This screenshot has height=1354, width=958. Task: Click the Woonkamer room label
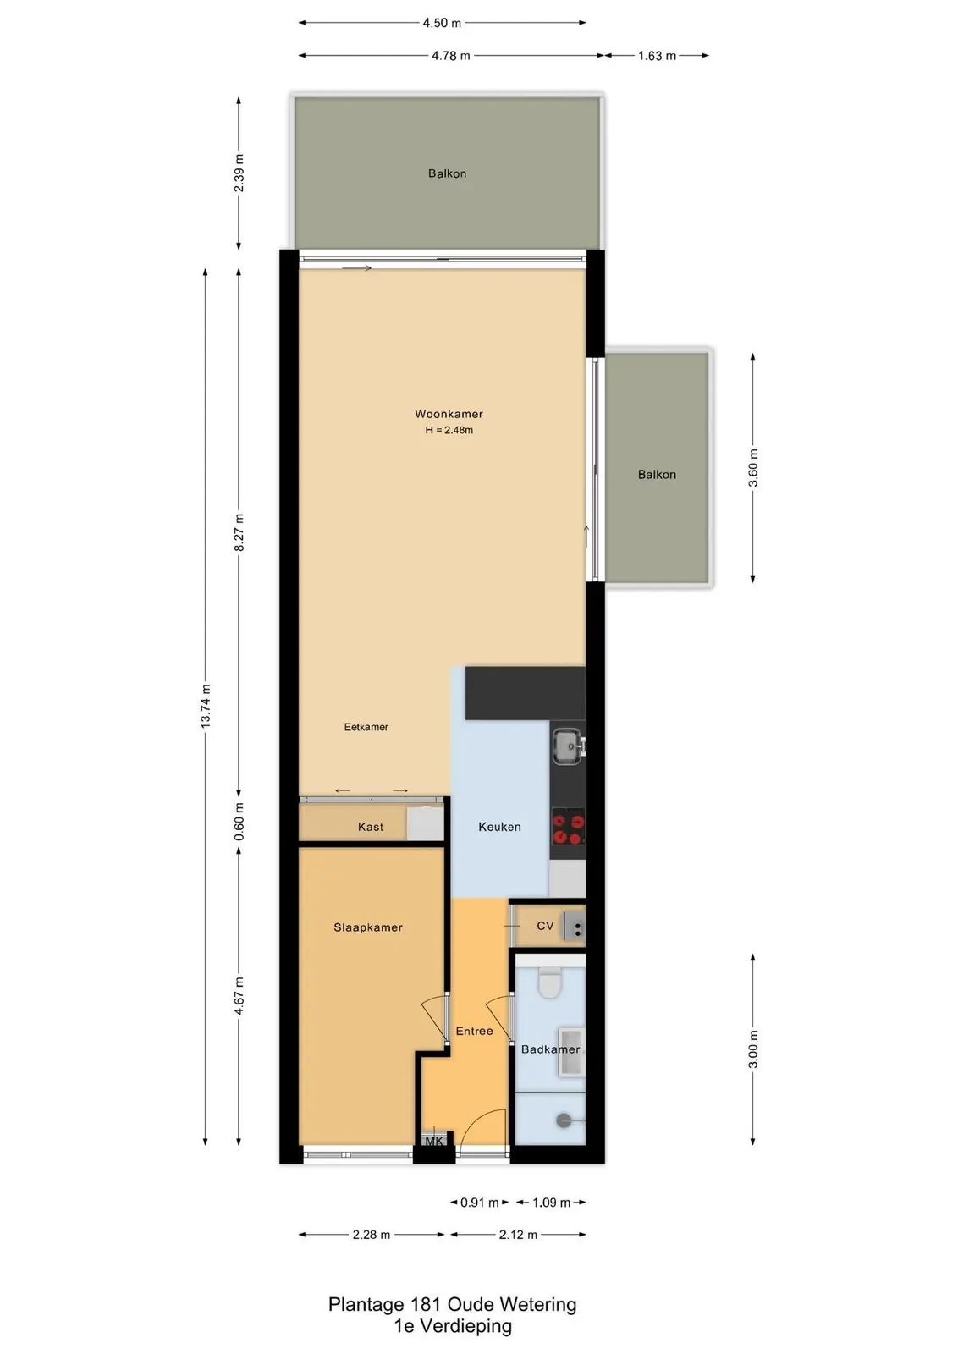[449, 414]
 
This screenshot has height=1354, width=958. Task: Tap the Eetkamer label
[366, 727]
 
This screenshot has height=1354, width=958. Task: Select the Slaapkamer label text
[368, 927]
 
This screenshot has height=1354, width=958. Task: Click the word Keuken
[499, 827]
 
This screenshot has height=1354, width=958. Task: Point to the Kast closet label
[371, 827]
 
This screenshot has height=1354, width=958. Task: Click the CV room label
[545, 926]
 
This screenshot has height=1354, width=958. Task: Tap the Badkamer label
[550, 1049]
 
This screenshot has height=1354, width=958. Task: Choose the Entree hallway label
[475, 1032]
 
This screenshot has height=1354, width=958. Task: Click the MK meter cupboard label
[434, 1142]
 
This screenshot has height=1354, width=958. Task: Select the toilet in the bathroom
[550, 982]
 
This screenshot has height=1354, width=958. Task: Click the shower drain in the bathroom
[564, 1121]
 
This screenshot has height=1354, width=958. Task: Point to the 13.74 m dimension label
[206, 706]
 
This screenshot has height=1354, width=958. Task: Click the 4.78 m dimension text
[451, 56]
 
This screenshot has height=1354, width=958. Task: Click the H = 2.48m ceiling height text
[449, 431]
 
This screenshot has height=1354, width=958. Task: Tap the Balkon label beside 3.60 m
[657, 475]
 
